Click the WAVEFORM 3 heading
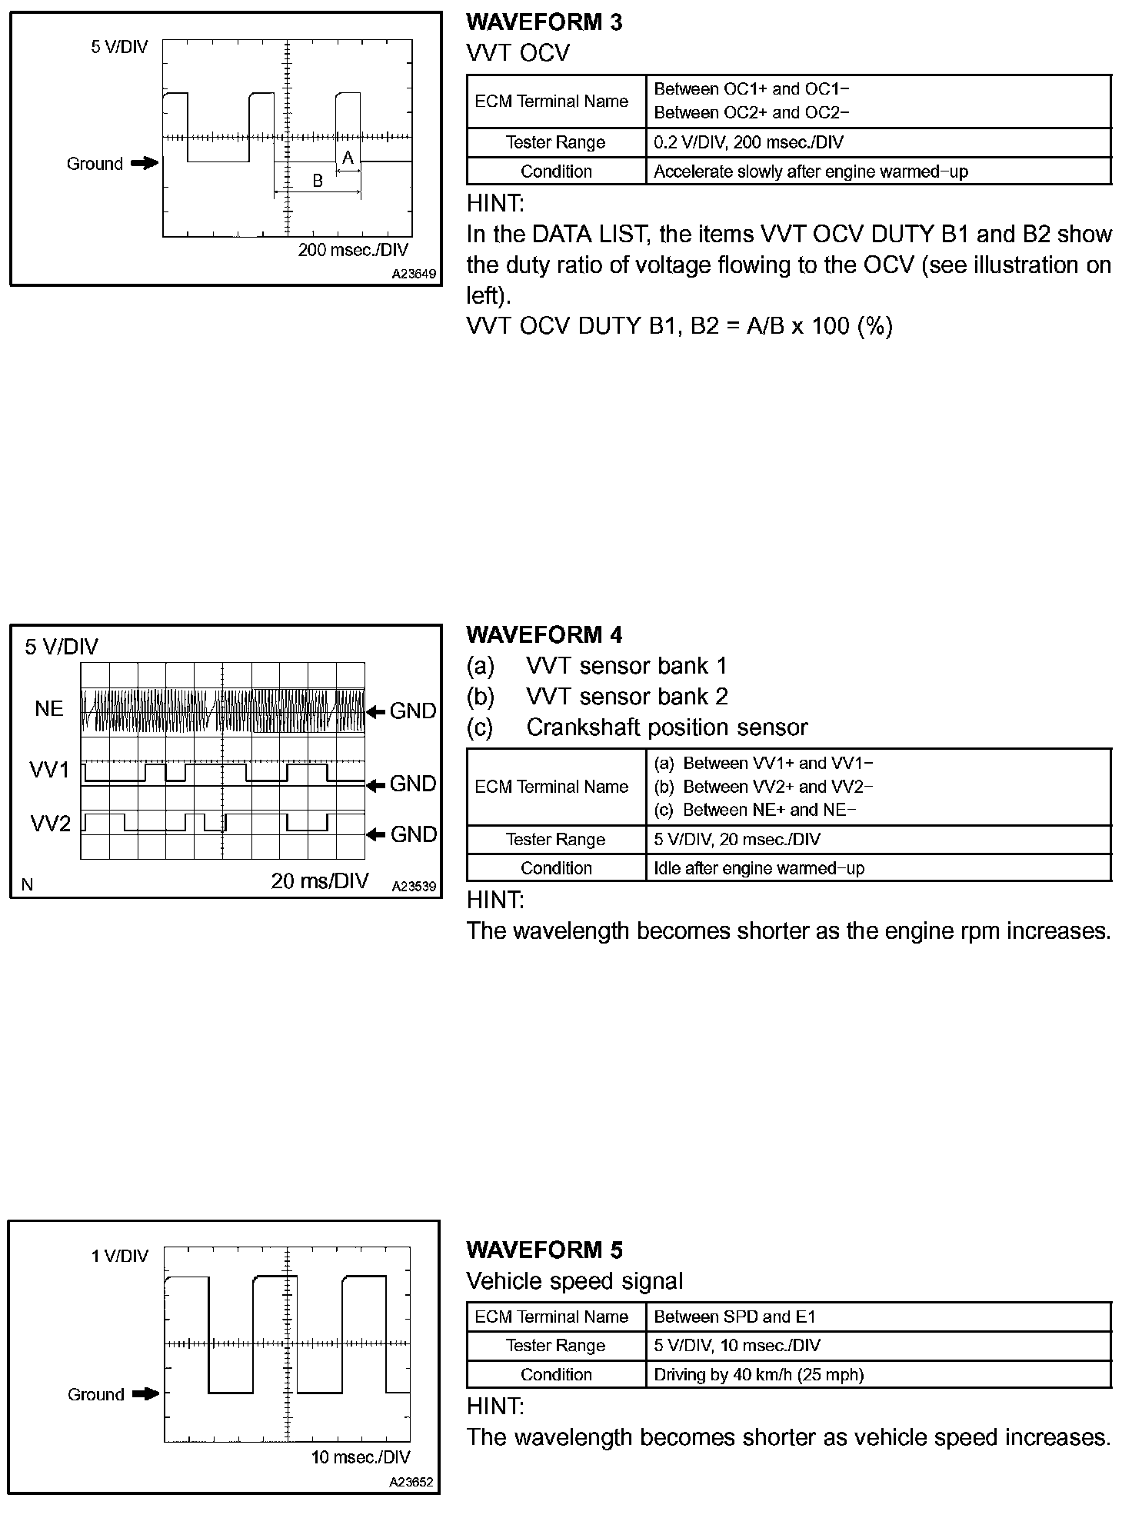[x=544, y=22]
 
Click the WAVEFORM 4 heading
[x=544, y=635]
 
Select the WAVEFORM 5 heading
[x=544, y=1250]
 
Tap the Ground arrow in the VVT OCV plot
[x=144, y=163]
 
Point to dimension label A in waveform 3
[x=348, y=158]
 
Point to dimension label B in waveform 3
[x=318, y=181]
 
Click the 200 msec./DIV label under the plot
[x=353, y=250]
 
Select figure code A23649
[x=414, y=274]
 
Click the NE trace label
[x=49, y=709]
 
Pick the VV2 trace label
[x=51, y=824]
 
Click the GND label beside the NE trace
[x=413, y=711]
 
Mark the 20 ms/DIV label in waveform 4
[x=320, y=881]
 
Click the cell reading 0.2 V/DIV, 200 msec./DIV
[x=748, y=143]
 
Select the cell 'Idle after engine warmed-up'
[x=759, y=868]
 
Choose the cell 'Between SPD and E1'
[x=734, y=1317]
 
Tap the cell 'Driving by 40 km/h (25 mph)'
[x=759, y=1375]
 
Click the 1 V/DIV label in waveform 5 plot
[x=119, y=1256]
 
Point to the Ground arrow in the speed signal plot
[x=145, y=1393]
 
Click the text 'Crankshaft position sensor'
[x=667, y=727]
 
